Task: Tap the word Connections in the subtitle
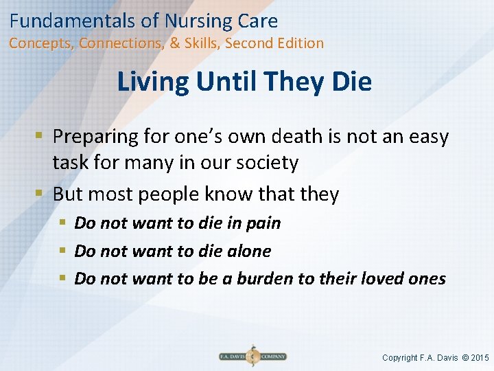click(x=121, y=43)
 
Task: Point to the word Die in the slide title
click(x=351, y=82)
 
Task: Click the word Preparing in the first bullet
click(x=95, y=137)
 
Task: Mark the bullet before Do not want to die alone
click(x=62, y=251)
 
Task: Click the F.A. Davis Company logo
click(x=252, y=357)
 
